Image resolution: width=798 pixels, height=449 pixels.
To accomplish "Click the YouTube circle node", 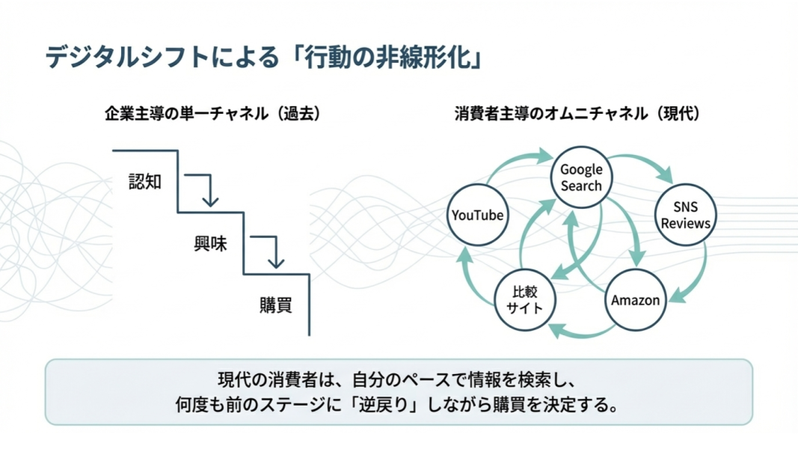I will coord(477,216).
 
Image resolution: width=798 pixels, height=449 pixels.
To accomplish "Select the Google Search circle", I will coord(581,177).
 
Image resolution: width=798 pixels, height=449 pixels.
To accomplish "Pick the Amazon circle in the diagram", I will coord(636,300).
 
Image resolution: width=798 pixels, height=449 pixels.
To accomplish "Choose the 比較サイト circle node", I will coord(524,299).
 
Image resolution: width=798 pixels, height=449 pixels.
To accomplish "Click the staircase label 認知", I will coord(145,181).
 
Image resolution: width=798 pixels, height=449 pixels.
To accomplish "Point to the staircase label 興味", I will coord(210,244).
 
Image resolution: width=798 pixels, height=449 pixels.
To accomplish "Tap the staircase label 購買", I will coord(275,305).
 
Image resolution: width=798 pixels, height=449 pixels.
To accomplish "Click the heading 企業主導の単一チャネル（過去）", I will coord(212,114).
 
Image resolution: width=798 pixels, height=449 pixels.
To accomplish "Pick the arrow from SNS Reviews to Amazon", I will coord(696,277).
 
